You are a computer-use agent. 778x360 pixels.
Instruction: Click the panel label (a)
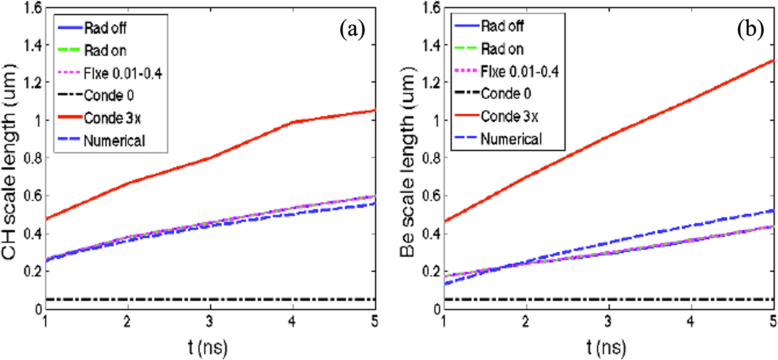[352, 30]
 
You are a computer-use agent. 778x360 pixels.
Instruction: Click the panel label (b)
[750, 29]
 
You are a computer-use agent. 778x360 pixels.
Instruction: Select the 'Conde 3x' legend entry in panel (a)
[112, 118]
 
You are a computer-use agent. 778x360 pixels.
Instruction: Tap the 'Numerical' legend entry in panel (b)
[511, 139]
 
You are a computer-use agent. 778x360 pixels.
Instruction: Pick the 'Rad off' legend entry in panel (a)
[105, 28]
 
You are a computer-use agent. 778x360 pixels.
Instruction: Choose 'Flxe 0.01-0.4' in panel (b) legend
[520, 72]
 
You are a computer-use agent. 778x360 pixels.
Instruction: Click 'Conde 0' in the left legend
[109, 95]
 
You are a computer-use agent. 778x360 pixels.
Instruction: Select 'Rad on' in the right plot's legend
[502, 49]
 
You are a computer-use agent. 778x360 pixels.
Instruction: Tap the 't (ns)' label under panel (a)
[208, 347]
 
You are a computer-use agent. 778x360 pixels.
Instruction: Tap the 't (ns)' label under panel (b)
[606, 347]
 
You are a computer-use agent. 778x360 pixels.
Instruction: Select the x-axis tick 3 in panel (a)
[210, 322]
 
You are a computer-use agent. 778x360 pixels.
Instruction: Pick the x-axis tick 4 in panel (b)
[690, 322]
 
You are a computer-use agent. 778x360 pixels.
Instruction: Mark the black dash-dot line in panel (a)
[210, 299]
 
